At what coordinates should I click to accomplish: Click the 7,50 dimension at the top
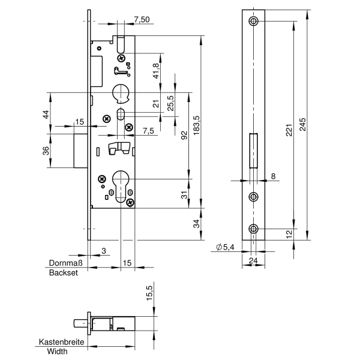(142, 20)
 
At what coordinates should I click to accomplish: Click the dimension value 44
(45, 114)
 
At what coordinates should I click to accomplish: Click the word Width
(58, 351)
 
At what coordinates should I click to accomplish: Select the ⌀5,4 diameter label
(224, 247)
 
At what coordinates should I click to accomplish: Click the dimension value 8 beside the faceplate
(273, 176)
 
